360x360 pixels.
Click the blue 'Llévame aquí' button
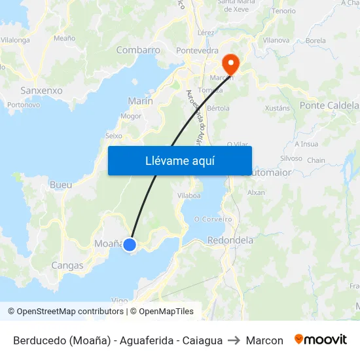point(179,160)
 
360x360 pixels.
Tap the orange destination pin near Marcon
point(230,63)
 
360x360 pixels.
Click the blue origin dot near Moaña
point(130,245)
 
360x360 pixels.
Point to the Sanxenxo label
point(43,90)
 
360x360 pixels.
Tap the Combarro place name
point(138,50)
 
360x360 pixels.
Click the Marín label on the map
point(141,101)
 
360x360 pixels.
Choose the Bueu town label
point(61,185)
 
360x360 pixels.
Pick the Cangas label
point(67,266)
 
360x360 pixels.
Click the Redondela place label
point(230,240)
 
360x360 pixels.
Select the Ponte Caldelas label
point(329,105)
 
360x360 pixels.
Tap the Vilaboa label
point(189,195)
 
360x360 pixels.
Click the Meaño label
point(64,38)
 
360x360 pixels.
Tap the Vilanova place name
point(276,40)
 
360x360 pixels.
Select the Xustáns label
point(277,108)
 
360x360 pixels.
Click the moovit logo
point(320,340)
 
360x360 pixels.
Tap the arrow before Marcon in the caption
point(234,340)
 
